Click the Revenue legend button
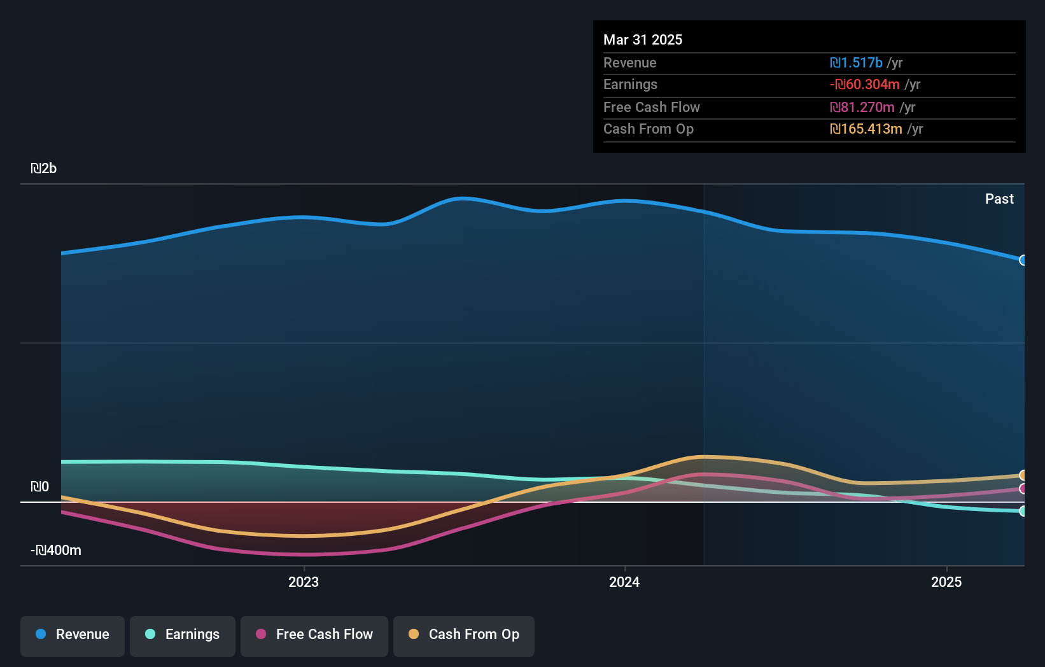pyautogui.click(x=73, y=635)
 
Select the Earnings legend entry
pyautogui.click(x=183, y=635)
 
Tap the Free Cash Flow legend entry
pyautogui.click(x=314, y=635)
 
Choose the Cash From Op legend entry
pyautogui.click(x=464, y=635)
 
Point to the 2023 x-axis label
pyautogui.click(x=304, y=582)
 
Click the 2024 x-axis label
pyautogui.click(x=624, y=582)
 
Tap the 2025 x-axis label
pyautogui.click(x=946, y=582)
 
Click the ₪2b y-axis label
pyautogui.click(x=44, y=169)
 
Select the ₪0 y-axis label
pyautogui.click(x=40, y=487)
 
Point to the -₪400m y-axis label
pyautogui.click(x=57, y=551)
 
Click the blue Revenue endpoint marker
pyautogui.click(x=1023, y=260)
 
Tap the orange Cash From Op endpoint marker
pyautogui.click(x=1023, y=475)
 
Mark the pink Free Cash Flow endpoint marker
pyautogui.click(x=1023, y=489)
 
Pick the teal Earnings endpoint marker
pyautogui.click(x=1023, y=511)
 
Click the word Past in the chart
pyautogui.click(x=999, y=199)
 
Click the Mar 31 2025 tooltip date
pyautogui.click(x=643, y=40)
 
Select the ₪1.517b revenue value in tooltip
pyautogui.click(x=856, y=63)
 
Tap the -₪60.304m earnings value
pyautogui.click(x=864, y=85)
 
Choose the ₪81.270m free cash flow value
pyautogui.click(x=862, y=108)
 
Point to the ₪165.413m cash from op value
pyautogui.click(x=866, y=129)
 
